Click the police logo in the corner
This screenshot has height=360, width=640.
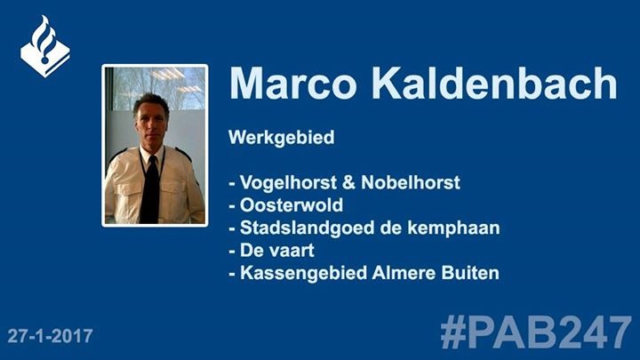(x=45, y=46)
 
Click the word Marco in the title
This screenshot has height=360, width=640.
(x=293, y=84)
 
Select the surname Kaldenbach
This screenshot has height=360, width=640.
(x=494, y=83)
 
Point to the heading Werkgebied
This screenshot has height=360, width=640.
(x=282, y=138)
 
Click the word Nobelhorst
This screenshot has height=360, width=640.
(x=411, y=182)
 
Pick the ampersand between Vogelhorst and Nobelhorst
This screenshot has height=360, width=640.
(x=349, y=183)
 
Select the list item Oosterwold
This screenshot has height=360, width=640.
(x=292, y=205)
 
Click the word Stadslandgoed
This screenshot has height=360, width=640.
(x=307, y=228)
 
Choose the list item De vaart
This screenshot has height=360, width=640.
(x=277, y=250)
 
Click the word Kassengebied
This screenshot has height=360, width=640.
(x=303, y=273)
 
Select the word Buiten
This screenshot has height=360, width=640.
(x=470, y=273)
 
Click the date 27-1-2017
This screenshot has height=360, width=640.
(x=50, y=336)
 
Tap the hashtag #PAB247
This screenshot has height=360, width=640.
(x=536, y=332)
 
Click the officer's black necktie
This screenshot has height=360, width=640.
(x=150, y=189)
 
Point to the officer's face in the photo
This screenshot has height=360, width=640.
(x=151, y=121)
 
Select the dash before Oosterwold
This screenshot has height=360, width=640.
(x=232, y=206)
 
